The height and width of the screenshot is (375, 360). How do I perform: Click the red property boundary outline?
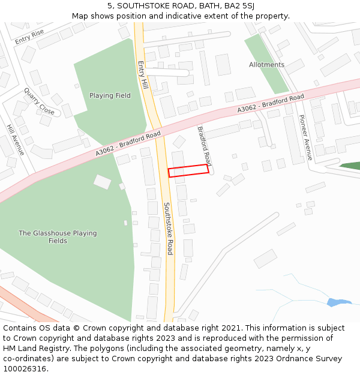pyautogui.click(x=188, y=170)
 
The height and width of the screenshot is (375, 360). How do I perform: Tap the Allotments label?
pyautogui.click(x=266, y=65)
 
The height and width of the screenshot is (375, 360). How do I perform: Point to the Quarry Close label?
pyautogui.click(x=39, y=102)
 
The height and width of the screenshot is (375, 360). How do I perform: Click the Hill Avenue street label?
pyautogui.click(x=15, y=140)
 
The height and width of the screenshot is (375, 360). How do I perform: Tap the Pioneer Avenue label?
pyautogui.click(x=305, y=137)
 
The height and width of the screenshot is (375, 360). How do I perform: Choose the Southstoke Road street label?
pyautogui.click(x=169, y=228)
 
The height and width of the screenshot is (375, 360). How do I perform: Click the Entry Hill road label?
pyautogui.click(x=142, y=75)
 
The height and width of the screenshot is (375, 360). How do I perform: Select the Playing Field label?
pyautogui.click(x=110, y=95)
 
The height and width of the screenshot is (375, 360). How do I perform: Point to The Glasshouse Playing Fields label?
pyautogui.click(x=57, y=237)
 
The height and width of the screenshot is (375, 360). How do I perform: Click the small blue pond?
pyautogui.click(x=338, y=302)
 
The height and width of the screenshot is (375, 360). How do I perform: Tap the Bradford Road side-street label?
pyautogui.click(x=205, y=146)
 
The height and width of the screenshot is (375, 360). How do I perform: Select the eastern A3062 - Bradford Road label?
pyautogui.click(x=271, y=104)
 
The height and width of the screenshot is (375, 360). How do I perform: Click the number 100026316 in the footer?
pyautogui.click(x=25, y=369)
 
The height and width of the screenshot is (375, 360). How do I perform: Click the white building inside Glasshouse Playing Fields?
pyautogui.click(x=102, y=181)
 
